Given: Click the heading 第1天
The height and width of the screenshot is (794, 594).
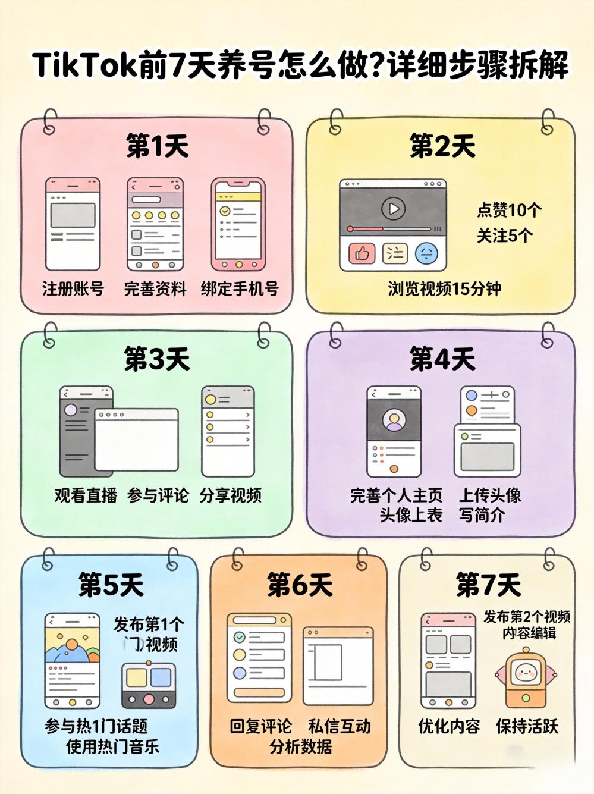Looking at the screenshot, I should coord(157,146).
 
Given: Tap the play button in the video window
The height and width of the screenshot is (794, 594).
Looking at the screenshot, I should coord(393,209).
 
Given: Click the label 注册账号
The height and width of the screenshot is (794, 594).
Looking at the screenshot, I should coord(73,289).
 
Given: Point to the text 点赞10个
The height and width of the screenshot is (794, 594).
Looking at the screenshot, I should coord(509,210).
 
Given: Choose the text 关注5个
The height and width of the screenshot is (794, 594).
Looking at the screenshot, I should coord(504,236).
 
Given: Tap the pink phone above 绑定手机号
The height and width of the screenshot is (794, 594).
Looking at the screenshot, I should coord(238,224).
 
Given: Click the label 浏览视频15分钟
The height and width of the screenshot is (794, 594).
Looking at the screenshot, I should coord(444,289).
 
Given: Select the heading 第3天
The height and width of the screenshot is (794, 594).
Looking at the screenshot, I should coord(157,359).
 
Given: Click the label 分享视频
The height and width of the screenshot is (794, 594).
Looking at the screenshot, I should coord(231,495).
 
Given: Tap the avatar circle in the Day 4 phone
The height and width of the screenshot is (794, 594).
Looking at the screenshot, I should coord(394,420).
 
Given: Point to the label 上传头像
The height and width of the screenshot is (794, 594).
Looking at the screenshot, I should coord(489,495).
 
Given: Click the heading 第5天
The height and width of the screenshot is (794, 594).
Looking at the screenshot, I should coord(112,585).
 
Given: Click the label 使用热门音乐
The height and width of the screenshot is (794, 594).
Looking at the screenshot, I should coord(112,746).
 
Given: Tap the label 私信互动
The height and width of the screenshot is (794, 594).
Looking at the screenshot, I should coord(340,726).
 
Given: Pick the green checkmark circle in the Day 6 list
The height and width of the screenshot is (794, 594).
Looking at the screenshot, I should coord(240,637).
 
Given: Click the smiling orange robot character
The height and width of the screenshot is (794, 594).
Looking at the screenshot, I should coord(526,677).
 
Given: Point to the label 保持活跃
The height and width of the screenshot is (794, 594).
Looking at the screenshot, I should coord(527,726).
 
